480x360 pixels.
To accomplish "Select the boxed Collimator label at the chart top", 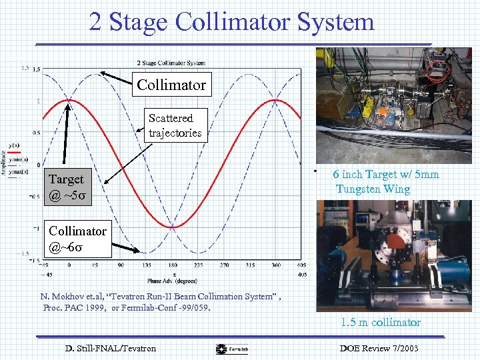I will (171, 85).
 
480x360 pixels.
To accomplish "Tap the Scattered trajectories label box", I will (175, 125).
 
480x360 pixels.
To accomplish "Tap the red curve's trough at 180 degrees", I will (172, 227).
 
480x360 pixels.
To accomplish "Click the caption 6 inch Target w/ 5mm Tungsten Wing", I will (387, 181).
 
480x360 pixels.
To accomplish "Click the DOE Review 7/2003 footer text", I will (379, 348).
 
